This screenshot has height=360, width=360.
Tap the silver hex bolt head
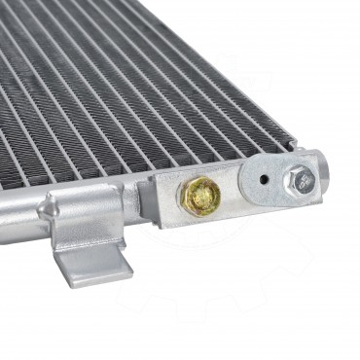click(x=299, y=179)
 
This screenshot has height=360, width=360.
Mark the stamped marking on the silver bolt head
click(x=302, y=179)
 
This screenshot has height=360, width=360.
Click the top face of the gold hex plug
click(x=205, y=197)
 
